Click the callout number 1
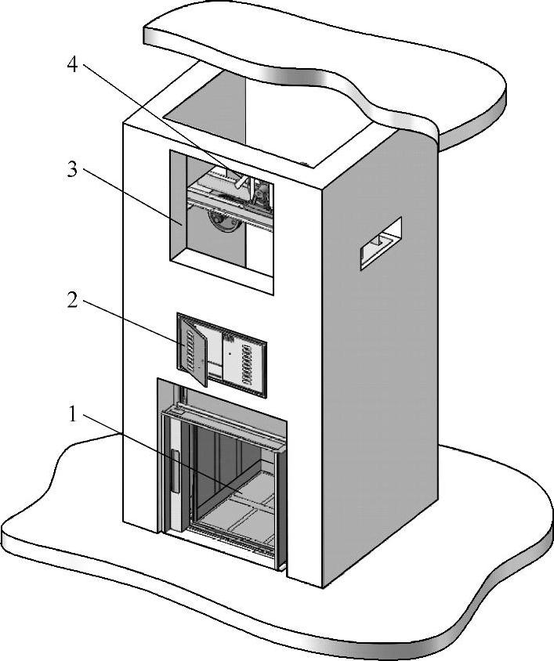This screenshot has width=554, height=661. [72, 415]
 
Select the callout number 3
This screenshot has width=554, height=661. [72, 170]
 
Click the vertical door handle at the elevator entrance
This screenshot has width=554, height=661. [175, 473]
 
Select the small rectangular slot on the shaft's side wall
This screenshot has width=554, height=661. [381, 244]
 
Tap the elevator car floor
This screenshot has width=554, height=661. [235, 509]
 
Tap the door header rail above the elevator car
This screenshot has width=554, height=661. [223, 423]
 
